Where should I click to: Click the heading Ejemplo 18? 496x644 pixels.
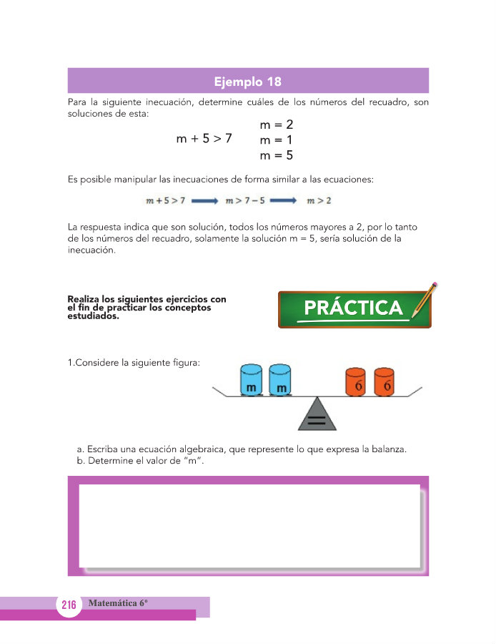(x=248, y=81)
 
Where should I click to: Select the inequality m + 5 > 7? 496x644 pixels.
(x=204, y=139)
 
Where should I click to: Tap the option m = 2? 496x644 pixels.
(x=277, y=125)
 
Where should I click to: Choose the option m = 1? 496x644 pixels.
(x=277, y=140)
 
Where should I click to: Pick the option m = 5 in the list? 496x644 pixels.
(x=277, y=155)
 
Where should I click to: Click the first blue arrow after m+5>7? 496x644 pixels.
(x=204, y=201)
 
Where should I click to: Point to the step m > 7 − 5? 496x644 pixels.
(x=246, y=201)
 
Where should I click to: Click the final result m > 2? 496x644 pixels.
(x=319, y=201)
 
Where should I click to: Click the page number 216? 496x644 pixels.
(x=69, y=605)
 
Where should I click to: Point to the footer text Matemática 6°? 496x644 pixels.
(x=118, y=603)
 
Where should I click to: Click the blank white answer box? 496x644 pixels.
(x=249, y=526)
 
